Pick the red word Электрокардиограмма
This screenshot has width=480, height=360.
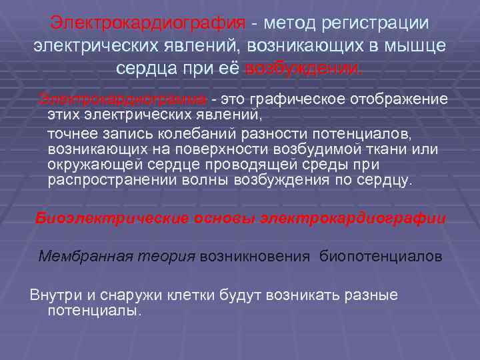tap(123, 99)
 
